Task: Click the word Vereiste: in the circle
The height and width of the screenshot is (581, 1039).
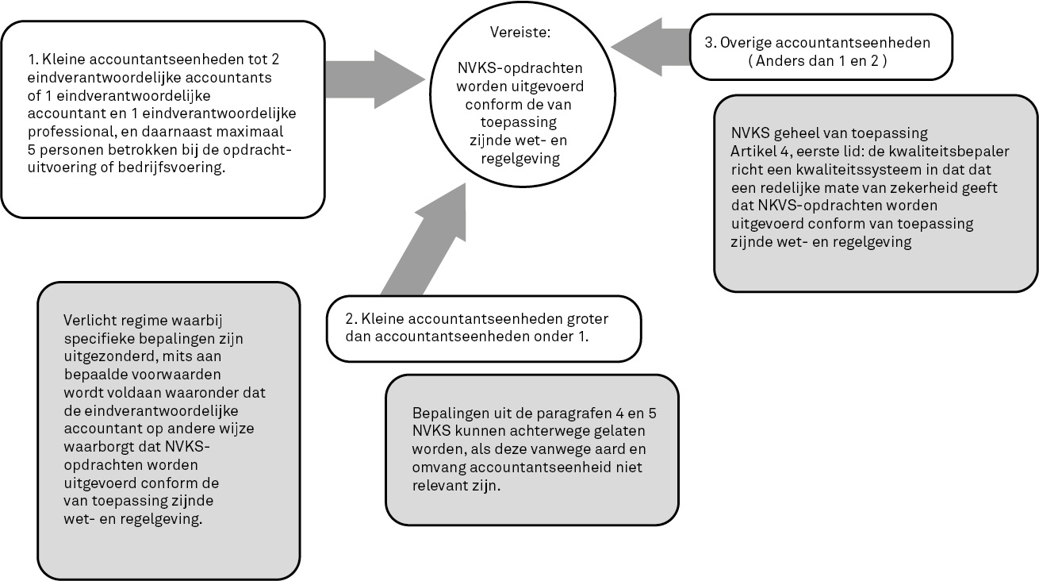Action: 520,32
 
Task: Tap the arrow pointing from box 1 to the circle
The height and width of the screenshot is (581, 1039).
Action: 375,79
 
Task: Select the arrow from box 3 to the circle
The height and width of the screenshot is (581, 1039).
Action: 651,47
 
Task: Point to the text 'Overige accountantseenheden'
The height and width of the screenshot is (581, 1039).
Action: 825,43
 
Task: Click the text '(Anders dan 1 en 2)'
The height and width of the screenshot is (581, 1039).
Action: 817,61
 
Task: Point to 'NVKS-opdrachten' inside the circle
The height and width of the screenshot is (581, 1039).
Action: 520,68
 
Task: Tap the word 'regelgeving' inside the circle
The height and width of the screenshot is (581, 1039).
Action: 520,159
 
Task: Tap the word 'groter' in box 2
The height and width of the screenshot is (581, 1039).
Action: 588,319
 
